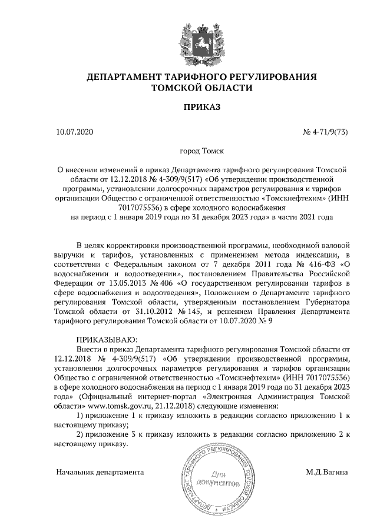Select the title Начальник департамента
(x=100, y=471)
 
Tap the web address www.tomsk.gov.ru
(x=121, y=406)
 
